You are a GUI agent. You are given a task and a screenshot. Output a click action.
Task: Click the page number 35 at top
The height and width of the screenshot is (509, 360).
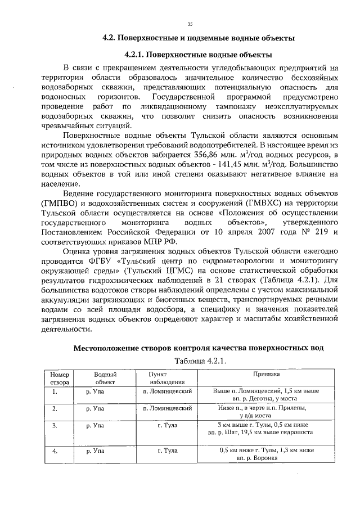[x=190, y=23]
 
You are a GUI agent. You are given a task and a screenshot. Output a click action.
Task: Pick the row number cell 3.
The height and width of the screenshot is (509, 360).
[x=55, y=426]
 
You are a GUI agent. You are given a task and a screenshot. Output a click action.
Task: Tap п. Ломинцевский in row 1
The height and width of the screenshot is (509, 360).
[x=168, y=390]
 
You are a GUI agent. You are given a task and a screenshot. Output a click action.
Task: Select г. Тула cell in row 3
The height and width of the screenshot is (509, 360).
[x=168, y=426]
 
